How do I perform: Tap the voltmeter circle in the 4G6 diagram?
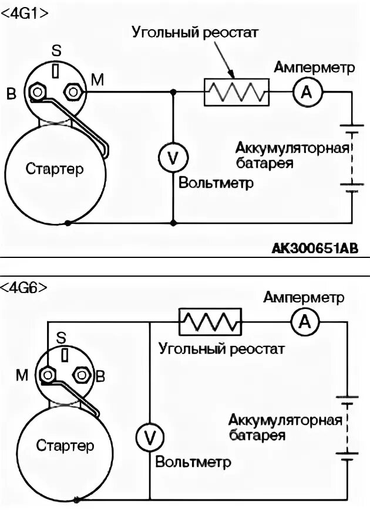[150, 436]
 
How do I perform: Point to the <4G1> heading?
[24, 12]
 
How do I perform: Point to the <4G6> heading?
[24, 288]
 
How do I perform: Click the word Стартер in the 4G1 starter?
[55, 169]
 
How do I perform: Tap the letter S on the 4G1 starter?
[56, 52]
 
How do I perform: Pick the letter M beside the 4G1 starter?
[97, 81]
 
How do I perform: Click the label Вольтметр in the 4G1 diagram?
[216, 183]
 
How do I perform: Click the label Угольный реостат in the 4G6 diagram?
[221, 350]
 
